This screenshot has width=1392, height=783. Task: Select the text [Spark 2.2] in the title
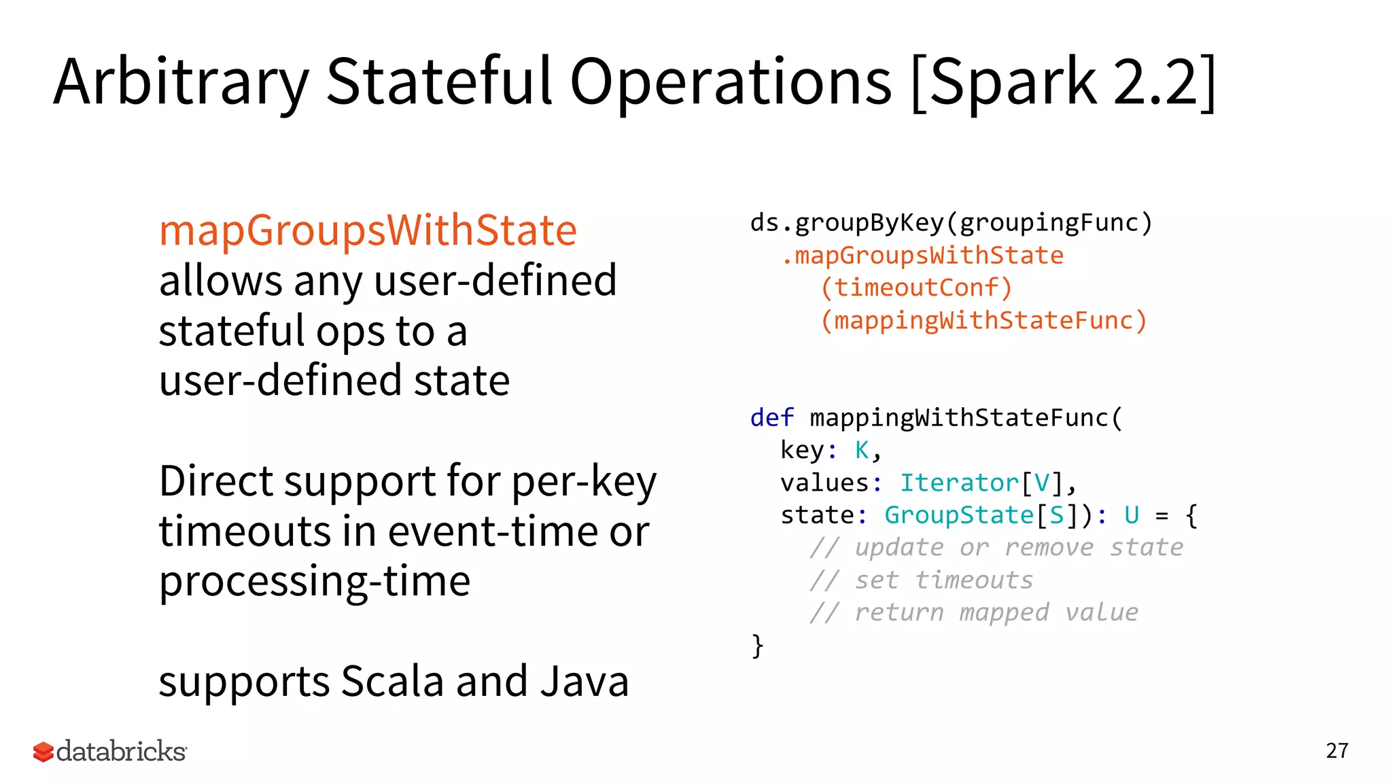(x=1062, y=83)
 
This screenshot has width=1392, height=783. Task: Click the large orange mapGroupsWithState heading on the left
(x=368, y=230)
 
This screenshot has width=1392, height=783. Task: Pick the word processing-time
(x=314, y=582)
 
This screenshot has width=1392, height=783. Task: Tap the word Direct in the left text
(x=215, y=481)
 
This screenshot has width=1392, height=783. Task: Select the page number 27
(x=1337, y=751)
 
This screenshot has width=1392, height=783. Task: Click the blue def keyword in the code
(x=771, y=418)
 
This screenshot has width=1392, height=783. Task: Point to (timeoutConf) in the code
(x=916, y=288)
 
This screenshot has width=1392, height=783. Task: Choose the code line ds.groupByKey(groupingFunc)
(x=952, y=223)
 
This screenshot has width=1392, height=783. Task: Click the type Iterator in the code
(x=959, y=483)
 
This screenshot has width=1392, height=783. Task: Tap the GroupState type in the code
(x=958, y=516)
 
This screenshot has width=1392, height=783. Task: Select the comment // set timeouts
(x=921, y=580)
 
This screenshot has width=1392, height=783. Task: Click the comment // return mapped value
(x=973, y=613)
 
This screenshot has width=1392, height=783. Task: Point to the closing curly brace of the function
(x=757, y=646)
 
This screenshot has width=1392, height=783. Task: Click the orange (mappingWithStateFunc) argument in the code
(x=984, y=320)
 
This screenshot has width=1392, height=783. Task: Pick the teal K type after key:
(x=862, y=451)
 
